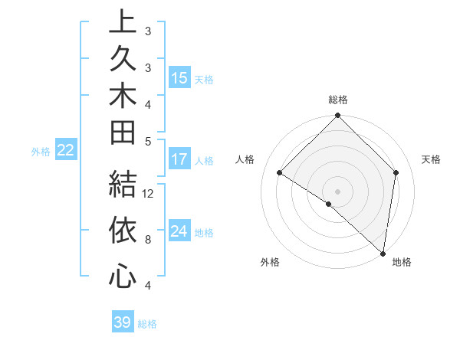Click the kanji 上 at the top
tap(123, 22)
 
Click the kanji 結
tap(123, 185)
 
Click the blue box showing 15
tap(179, 78)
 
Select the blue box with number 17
tap(179, 160)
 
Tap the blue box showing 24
tap(179, 231)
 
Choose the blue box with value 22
tap(66, 151)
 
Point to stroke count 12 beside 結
tap(149, 193)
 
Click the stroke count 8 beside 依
tap(147, 239)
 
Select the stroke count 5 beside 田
tap(147, 141)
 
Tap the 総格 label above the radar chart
tap(337, 100)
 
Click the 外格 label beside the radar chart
tap(270, 263)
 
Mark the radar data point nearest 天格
tap(396, 172)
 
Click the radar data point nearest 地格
tap(383, 253)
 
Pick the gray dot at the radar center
tap(337, 191)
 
